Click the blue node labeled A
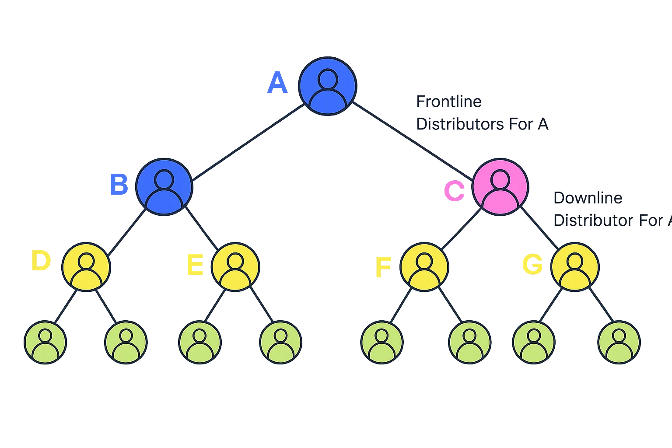[327, 86]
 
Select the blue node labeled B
[164, 187]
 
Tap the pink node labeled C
[500, 187]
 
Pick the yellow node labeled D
[86, 266]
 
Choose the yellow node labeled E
[236, 266]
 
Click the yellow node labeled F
[423, 266]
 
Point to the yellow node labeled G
[574, 266]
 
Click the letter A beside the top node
[277, 84]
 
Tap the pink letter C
[455, 192]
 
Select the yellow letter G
[532, 265]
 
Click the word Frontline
[449, 102]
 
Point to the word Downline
[588, 198]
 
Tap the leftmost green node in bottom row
[45, 342]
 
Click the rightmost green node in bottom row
[619, 342]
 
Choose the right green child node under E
[280, 342]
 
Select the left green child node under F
[382, 342]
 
